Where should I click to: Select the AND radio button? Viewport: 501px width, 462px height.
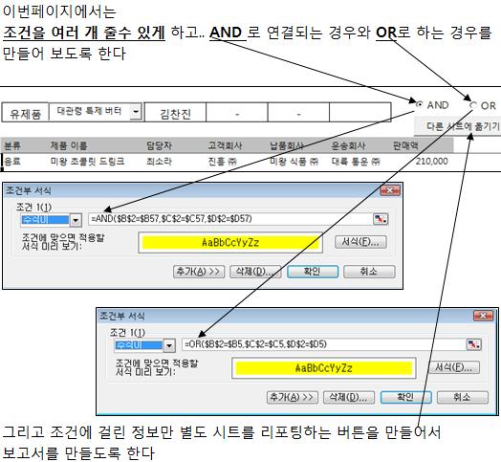click(420, 104)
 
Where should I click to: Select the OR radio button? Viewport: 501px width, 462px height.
click(473, 105)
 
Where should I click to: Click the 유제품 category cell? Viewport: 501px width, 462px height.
click(25, 113)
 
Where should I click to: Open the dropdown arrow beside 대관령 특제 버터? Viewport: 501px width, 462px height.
click(136, 112)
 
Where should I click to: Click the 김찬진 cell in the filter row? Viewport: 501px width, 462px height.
click(175, 113)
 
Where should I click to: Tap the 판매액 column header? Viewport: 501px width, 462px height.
click(405, 145)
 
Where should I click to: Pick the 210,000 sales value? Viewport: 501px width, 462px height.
click(431, 161)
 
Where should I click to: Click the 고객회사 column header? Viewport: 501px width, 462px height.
click(225, 145)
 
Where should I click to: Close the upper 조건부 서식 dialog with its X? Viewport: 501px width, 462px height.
click(390, 190)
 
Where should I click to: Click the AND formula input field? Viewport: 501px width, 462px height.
click(230, 219)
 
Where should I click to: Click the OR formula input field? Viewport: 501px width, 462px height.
click(323, 344)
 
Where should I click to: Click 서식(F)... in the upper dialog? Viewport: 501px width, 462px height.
click(360, 242)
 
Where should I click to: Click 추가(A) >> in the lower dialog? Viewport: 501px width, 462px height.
click(292, 397)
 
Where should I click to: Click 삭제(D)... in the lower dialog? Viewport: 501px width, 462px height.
click(349, 397)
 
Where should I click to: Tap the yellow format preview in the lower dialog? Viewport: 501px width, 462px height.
click(323, 368)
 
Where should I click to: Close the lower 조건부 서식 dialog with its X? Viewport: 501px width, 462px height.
click(483, 316)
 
